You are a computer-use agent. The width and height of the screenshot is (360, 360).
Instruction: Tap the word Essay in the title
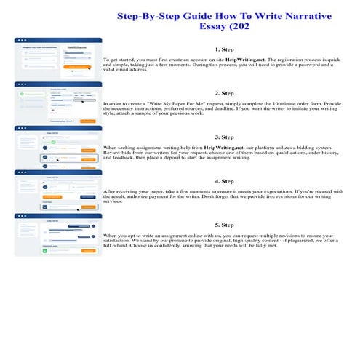209,28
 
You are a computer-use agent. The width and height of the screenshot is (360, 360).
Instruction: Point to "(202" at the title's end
243,28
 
